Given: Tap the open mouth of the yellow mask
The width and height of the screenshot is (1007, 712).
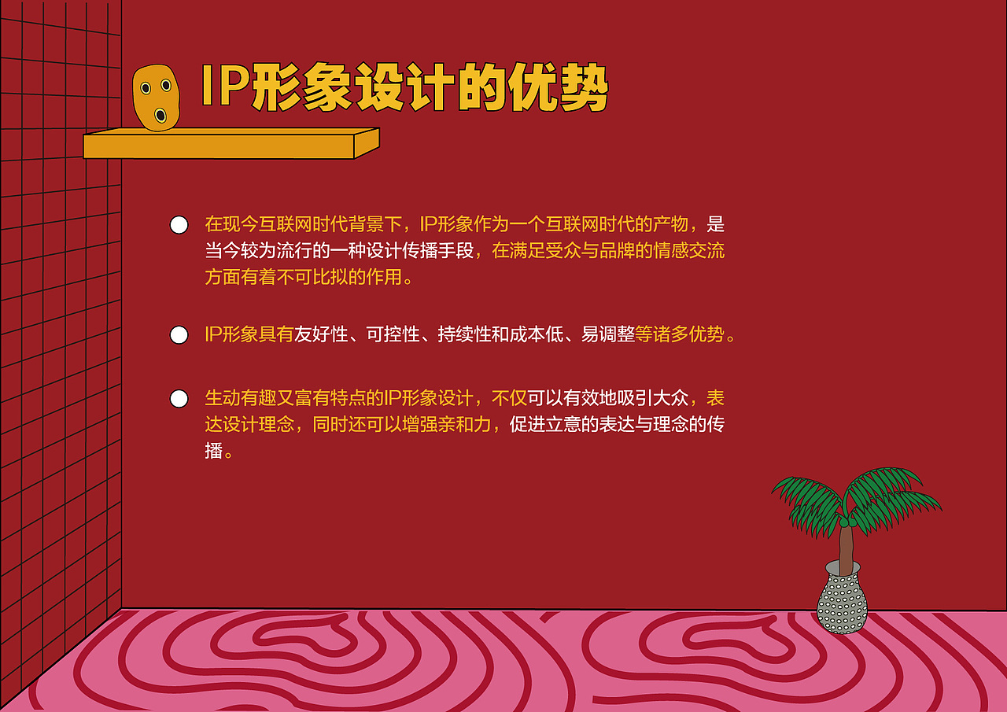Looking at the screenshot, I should coord(160,116).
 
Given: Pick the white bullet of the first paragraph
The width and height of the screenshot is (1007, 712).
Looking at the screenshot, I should coord(179,225).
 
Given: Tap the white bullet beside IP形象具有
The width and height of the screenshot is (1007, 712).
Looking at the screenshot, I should coord(179,335).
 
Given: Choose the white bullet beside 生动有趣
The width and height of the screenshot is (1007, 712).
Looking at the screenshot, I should coord(179,399).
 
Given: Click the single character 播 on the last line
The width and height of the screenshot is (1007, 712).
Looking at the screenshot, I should coord(213,452).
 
